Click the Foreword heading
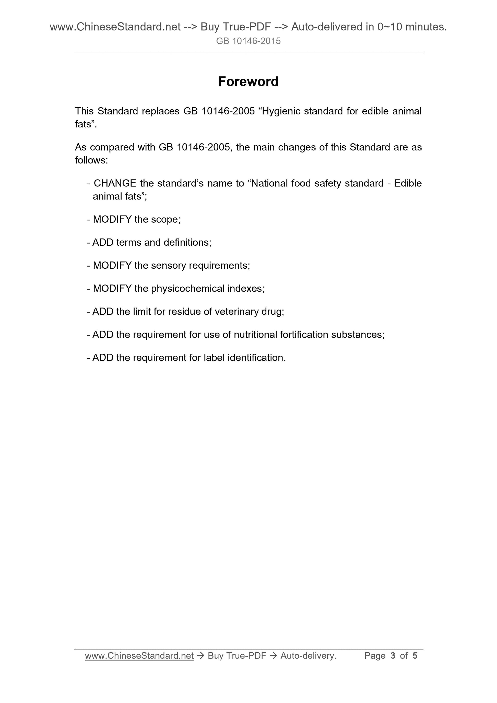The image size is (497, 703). pyautogui.click(x=248, y=82)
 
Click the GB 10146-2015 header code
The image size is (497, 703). pyautogui.click(x=248, y=41)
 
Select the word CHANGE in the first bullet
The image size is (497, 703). pyautogui.click(x=115, y=183)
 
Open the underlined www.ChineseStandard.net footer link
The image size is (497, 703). pyautogui.click(x=139, y=656)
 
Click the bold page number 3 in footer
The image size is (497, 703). pyautogui.click(x=393, y=656)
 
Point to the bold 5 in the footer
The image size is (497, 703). pyautogui.click(x=415, y=656)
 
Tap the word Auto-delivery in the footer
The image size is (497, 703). pyautogui.click(x=308, y=656)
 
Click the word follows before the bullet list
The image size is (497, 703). pyautogui.click(x=91, y=160)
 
